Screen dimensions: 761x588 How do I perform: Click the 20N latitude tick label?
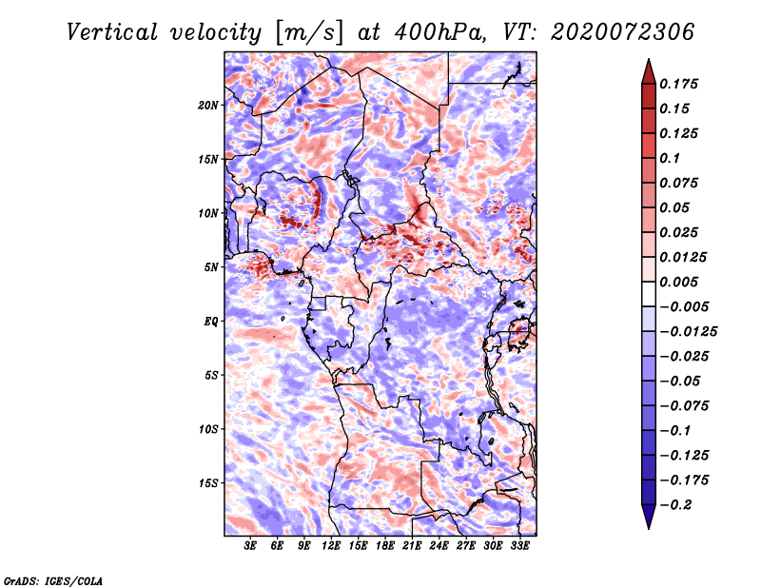point(207,106)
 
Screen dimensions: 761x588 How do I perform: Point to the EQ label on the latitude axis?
point(211,322)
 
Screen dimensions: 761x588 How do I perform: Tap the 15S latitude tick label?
point(208,483)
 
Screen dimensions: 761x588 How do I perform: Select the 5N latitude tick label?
point(211,267)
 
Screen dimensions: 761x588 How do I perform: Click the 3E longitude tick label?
point(250,545)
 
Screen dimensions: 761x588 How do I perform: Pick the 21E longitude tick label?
point(412,545)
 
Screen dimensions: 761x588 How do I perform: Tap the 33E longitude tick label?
point(519,545)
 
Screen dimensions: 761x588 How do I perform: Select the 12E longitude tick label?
point(330,545)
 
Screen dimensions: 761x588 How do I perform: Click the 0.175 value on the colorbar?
point(678,84)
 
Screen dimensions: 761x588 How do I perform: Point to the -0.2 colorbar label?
point(675,505)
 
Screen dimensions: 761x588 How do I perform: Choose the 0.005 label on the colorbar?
point(678,282)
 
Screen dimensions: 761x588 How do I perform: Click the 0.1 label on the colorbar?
point(670,158)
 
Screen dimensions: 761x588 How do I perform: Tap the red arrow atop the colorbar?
point(649,71)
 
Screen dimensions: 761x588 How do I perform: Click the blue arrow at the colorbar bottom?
point(649,517)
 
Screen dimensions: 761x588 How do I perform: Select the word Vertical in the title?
point(112,32)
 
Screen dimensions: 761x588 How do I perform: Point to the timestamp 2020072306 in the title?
point(623,32)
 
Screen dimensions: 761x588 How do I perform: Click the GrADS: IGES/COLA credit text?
point(53,581)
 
